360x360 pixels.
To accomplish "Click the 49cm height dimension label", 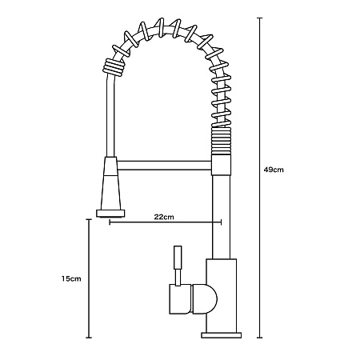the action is [274, 170].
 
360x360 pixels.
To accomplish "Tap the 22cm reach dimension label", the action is [164, 217].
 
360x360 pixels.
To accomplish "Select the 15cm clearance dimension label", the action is [71, 279].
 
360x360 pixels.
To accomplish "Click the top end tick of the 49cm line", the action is [259, 18].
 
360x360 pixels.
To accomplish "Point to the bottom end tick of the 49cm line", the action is [259, 338].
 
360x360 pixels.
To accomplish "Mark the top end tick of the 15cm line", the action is [89, 219].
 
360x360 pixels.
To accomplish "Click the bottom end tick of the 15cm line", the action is [89, 338].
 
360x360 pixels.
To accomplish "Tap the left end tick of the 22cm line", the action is [110, 222].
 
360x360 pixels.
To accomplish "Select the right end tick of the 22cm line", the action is [221, 222].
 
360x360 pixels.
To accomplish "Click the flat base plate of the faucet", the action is [222, 335].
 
